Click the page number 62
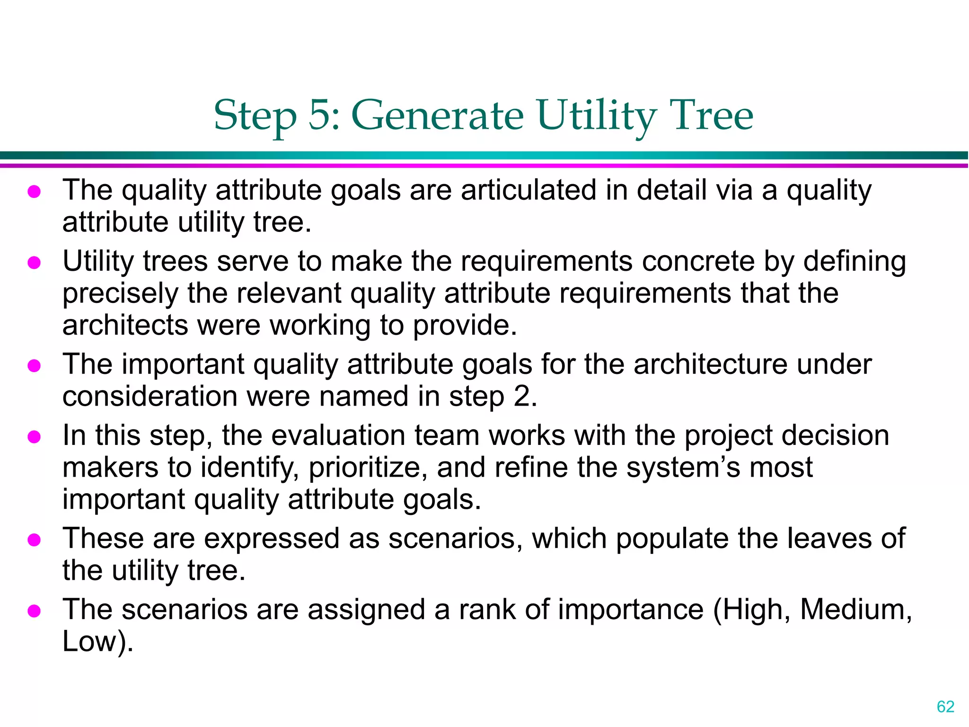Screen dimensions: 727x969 coord(945,707)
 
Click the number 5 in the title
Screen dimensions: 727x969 coord(320,115)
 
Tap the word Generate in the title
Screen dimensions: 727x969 coord(437,115)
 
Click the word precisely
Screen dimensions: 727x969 coord(120,294)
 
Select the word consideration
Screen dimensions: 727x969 coord(150,396)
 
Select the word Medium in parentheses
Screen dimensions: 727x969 coord(855,610)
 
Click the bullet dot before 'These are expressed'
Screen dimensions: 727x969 coord(34,540)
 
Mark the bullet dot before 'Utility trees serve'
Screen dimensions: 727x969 coord(34,262)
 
